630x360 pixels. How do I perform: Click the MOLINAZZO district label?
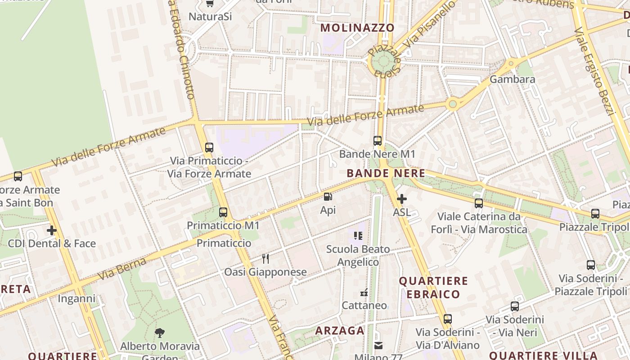[357, 27]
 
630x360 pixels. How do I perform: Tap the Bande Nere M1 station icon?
[378, 141]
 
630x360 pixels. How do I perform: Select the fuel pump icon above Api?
[328, 197]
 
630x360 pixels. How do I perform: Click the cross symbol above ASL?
[401, 199]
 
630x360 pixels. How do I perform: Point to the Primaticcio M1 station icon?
[223, 212]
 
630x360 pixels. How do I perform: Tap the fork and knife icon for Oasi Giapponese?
[265, 259]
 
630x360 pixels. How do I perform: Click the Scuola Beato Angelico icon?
[358, 236]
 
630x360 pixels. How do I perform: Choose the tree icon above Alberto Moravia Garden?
[160, 333]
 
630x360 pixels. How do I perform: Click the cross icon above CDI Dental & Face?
[52, 230]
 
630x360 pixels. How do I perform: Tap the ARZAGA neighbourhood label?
[339, 331]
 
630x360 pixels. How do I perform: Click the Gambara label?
[512, 80]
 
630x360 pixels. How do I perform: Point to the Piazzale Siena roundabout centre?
[383, 62]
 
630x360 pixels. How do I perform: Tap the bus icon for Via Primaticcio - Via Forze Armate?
[209, 147]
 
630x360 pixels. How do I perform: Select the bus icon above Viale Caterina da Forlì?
[479, 203]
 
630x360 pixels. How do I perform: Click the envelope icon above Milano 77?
[378, 345]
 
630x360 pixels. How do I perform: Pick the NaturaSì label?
[210, 17]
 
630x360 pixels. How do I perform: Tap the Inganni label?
[76, 299]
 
